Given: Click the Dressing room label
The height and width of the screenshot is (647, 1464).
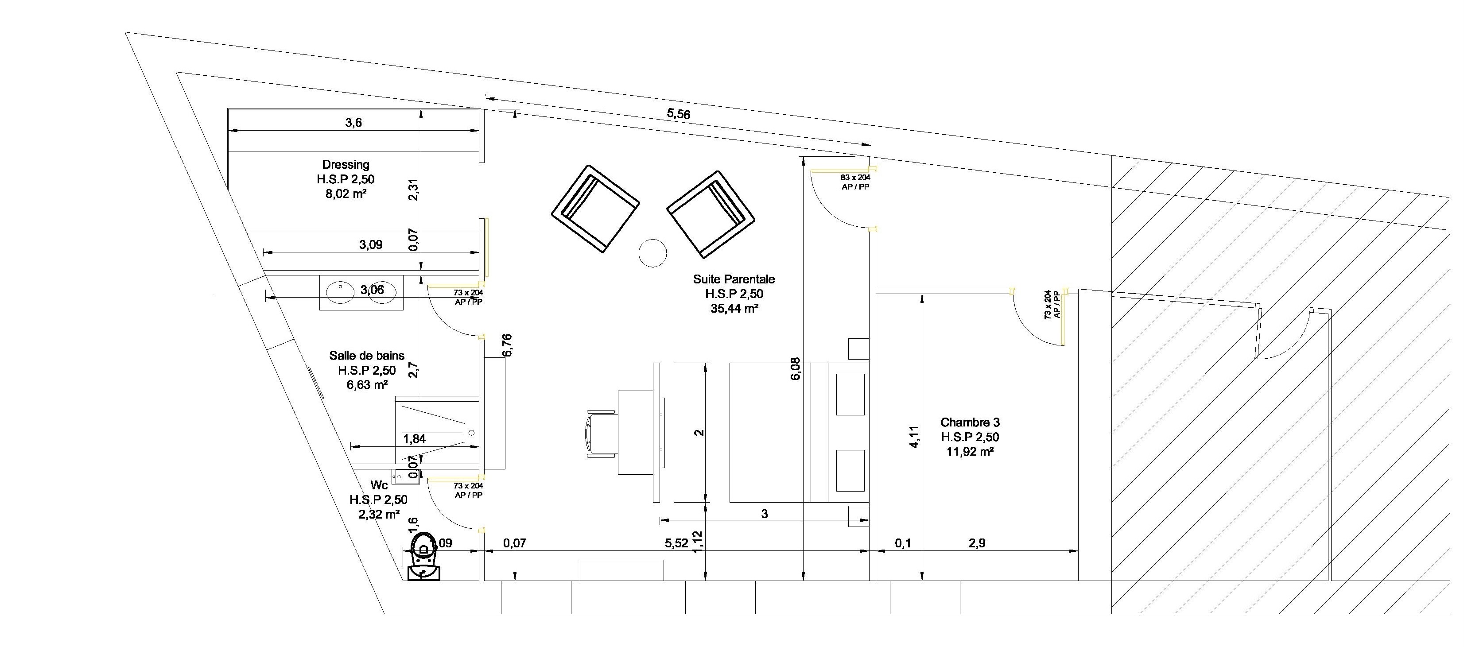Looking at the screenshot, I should click(345, 165).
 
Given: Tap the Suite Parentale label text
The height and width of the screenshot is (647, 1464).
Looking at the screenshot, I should click(733, 279).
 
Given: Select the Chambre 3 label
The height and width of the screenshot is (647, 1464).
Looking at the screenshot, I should click(970, 422).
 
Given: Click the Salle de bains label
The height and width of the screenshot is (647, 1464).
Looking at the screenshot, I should click(367, 356).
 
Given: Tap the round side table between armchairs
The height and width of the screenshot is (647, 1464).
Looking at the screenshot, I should click(652, 253).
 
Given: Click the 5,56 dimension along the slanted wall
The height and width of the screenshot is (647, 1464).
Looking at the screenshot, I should click(678, 114).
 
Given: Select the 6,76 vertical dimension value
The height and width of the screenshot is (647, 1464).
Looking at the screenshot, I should click(508, 345).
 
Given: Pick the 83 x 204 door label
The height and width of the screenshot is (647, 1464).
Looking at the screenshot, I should click(855, 178).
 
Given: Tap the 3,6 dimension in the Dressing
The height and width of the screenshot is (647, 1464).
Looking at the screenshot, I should click(353, 123).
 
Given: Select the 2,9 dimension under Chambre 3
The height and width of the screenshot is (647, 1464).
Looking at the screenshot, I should click(976, 543).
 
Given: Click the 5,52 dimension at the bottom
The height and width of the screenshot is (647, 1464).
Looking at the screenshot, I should click(676, 543).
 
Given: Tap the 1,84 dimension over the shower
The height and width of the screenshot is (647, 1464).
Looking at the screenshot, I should click(414, 438).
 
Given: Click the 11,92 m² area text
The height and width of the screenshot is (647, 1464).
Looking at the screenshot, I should click(970, 452).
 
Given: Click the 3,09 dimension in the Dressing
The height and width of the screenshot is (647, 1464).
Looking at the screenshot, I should click(371, 245).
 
